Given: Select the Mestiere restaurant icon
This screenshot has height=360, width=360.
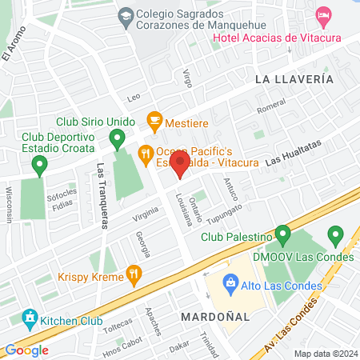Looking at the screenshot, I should [154, 124].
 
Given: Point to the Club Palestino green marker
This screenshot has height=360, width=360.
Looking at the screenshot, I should [282, 235].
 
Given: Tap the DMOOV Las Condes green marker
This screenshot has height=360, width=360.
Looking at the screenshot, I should [335, 235].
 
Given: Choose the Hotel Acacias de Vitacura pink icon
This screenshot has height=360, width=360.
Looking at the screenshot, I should [324, 15].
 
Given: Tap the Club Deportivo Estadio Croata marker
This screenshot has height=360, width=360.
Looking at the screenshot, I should [39, 166].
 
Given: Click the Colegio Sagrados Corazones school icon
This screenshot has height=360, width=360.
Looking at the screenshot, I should [126, 15].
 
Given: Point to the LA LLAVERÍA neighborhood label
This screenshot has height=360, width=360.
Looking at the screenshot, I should [294, 80].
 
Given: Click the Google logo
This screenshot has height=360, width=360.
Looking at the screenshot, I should [26, 350].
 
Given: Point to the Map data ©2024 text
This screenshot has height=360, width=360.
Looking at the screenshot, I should [325, 354].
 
